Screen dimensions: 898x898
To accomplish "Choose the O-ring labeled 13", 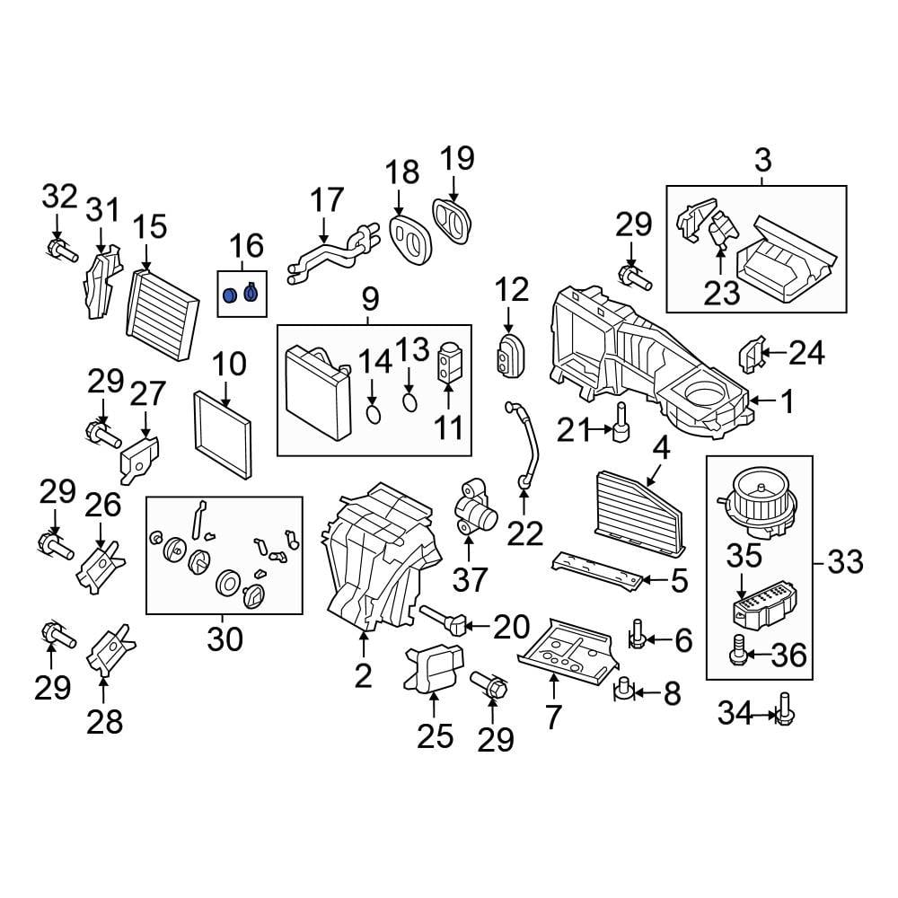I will (409, 401).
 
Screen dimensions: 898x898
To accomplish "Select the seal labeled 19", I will (454, 219).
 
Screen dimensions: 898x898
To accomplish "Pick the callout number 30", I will (224, 639).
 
